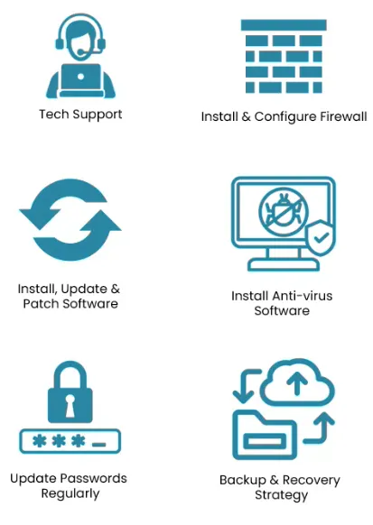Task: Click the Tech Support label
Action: pos(80,115)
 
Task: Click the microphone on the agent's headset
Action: pos(81,52)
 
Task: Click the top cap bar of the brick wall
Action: pos(284,25)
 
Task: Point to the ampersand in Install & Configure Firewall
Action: pos(246,117)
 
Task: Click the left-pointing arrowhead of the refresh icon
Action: pos(37,218)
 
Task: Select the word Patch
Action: pos(42,304)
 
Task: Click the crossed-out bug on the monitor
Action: pos(284,211)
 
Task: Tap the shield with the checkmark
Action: pos(321,237)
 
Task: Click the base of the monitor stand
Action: pos(284,265)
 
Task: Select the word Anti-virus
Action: pos(303,296)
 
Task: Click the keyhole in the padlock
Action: pos(70,406)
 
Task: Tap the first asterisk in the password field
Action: pos(39,441)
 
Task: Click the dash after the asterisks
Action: pos(99,445)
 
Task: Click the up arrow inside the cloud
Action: pos(296,383)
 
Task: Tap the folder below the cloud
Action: pos(265,436)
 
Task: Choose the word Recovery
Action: pos(311,480)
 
